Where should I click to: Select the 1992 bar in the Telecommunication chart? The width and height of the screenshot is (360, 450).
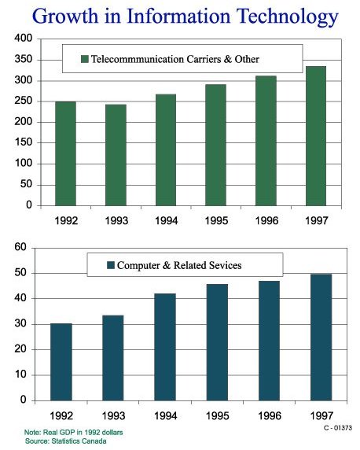[x=65, y=153]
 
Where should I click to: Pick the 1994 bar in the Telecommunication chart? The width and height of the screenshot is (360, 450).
[x=166, y=149]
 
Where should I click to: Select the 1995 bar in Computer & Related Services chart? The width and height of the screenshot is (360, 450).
[x=216, y=341]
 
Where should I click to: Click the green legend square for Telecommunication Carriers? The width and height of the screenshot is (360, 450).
[x=85, y=59]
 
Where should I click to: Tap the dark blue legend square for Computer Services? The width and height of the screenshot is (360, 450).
[x=110, y=266]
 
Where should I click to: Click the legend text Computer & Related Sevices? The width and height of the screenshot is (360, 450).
[x=179, y=266]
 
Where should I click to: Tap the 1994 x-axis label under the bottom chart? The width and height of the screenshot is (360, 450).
[x=166, y=415]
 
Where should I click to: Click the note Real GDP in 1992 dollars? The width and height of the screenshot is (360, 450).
[x=74, y=432]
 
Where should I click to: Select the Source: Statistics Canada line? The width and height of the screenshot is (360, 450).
[x=66, y=441]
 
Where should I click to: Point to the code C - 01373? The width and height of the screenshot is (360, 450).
[x=337, y=427]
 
